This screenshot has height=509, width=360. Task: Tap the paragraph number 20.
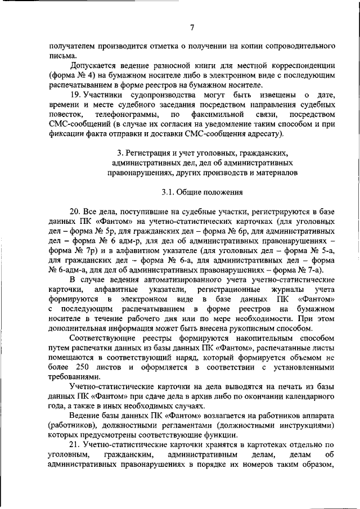(x=75, y=213)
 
